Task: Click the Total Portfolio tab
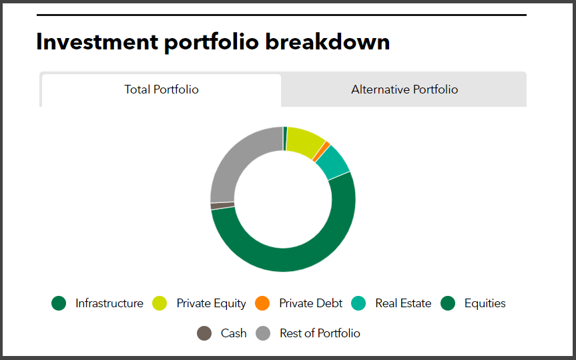pyautogui.click(x=162, y=90)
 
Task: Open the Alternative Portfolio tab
pyautogui.click(x=404, y=89)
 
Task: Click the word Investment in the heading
pyautogui.click(x=97, y=41)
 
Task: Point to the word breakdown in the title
pyautogui.click(x=327, y=41)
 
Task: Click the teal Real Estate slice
pyautogui.click(x=333, y=162)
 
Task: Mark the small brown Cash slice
pyautogui.click(x=222, y=206)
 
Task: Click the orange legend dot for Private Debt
pyautogui.click(x=262, y=303)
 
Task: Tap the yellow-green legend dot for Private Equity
pyautogui.click(x=160, y=303)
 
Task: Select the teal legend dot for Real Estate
pyautogui.click(x=358, y=303)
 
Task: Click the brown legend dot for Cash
pyautogui.click(x=204, y=333)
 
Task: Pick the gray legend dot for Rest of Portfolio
pyautogui.click(x=263, y=333)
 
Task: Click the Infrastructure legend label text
pyautogui.click(x=109, y=303)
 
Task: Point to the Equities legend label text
pyautogui.click(x=485, y=303)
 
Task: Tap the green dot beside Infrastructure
pyautogui.click(x=59, y=303)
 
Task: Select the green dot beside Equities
pyautogui.click(x=448, y=303)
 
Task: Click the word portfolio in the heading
pyautogui.click(x=212, y=42)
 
